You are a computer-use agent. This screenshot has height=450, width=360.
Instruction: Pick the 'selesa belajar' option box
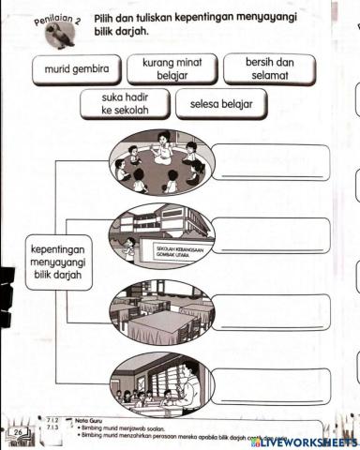[221, 104]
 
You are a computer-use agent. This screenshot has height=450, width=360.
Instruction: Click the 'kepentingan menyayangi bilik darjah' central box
[59, 262]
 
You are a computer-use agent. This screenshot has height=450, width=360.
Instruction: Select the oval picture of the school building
[161, 234]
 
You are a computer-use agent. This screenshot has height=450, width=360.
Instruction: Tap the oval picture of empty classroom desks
[161, 310]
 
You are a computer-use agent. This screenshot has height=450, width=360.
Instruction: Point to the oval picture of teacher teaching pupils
[161, 382]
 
